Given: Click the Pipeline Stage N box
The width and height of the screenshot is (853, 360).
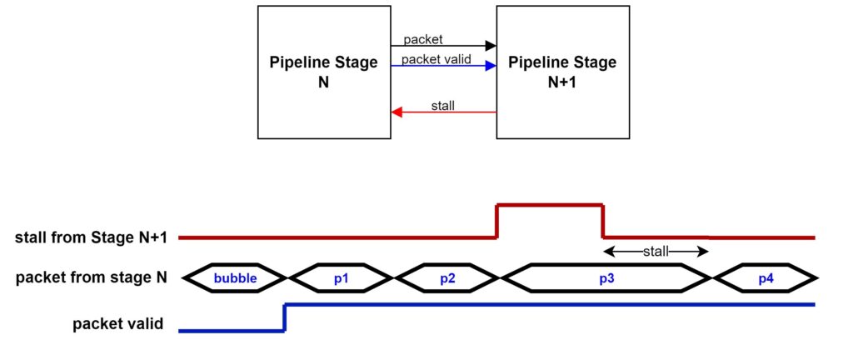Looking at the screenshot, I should tap(324, 72).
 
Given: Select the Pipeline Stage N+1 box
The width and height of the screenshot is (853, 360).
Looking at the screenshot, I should tap(562, 72).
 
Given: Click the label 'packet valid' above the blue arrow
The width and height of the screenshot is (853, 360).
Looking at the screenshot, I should tap(436, 58).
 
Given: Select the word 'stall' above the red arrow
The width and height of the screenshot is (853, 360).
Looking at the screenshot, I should tap(443, 105).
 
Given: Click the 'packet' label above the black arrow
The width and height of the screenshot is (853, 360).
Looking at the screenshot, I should tap(423, 39).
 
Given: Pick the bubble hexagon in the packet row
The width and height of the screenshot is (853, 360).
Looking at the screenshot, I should tap(235, 277).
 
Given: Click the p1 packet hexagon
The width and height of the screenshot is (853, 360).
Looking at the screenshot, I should tap(341, 277).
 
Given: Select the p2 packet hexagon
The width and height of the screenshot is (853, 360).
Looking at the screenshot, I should tap(447, 277).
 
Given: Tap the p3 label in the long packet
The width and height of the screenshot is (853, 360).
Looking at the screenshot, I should tap(606, 278).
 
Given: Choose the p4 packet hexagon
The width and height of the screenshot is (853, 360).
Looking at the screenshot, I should tap(766, 277).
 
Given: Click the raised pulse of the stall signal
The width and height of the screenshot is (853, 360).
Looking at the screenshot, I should tap(550, 205).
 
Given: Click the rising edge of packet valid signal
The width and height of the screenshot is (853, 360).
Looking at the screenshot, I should tap(285, 317).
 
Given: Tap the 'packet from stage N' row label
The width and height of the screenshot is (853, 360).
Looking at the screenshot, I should tap(92, 278).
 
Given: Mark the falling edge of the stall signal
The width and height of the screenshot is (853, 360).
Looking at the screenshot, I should tap(603, 221).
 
